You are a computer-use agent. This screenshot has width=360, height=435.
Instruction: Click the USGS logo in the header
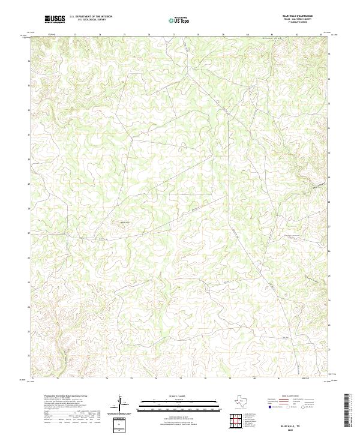55,19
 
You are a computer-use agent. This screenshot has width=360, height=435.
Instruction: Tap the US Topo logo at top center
178,20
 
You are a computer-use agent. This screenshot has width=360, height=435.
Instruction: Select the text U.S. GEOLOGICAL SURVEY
91,20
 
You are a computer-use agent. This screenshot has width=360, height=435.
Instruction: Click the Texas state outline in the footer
246,401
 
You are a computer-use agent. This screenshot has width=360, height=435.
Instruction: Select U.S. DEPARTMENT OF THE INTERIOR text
91,16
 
